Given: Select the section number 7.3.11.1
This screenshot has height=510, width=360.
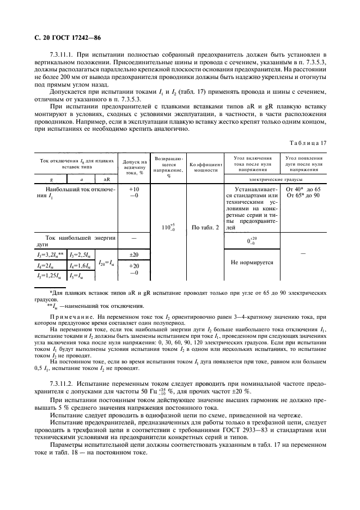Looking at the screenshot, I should tap(62, 56).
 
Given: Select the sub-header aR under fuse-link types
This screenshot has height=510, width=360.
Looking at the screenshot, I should tap(107, 179).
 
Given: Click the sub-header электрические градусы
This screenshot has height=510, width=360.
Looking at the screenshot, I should tap(273, 179).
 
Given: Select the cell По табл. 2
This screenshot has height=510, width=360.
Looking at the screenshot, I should tap(205, 228).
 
